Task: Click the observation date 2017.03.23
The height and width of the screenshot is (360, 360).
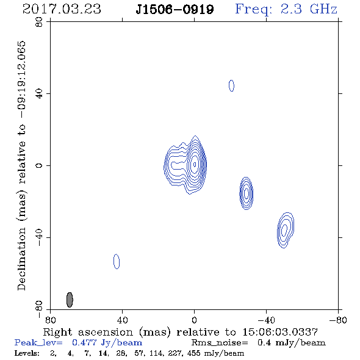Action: (x=62, y=9)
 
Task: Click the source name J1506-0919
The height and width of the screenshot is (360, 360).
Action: (x=175, y=10)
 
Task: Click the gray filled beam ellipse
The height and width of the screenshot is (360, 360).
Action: (x=70, y=300)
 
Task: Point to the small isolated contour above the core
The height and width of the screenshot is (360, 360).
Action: (x=231, y=85)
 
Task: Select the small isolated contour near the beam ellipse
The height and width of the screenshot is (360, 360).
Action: (x=117, y=261)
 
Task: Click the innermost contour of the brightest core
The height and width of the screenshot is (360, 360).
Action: (x=195, y=164)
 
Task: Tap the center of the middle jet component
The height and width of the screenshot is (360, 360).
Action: (x=247, y=193)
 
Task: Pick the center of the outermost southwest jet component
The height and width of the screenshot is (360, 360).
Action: (x=286, y=230)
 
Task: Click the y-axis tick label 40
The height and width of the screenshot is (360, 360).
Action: (x=39, y=94)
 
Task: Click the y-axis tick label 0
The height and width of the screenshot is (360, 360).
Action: (x=39, y=165)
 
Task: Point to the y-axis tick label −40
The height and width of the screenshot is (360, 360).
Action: (x=39, y=237)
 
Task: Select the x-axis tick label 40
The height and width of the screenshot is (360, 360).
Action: (x=122, y=320)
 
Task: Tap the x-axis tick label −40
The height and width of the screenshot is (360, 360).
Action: (x=266, y=320)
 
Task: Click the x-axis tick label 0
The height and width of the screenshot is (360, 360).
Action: (x=194, y=320)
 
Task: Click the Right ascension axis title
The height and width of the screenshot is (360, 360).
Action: (x=180, y=332)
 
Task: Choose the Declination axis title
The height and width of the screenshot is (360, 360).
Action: (x=21, y=165)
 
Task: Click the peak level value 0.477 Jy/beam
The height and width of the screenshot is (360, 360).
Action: (x=107, y=343)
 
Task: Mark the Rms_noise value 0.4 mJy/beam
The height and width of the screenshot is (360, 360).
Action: (x=291, y=343)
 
